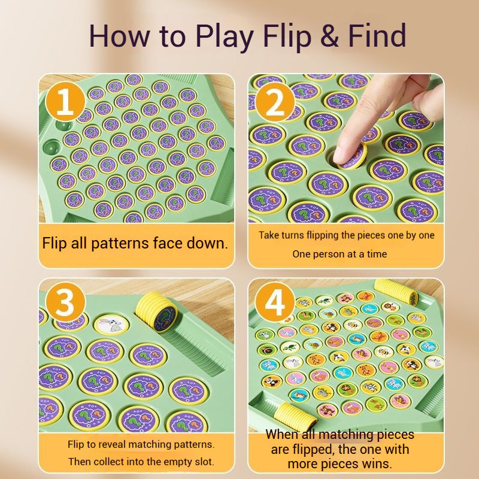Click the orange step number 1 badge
(x=65, y=102)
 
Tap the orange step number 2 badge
(x=275, y=102)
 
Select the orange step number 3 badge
(x=65, y=302)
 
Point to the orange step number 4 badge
(x=275, y=302)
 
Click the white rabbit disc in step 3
(x=111, y=325)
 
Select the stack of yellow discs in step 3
(x=156, y=311)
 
